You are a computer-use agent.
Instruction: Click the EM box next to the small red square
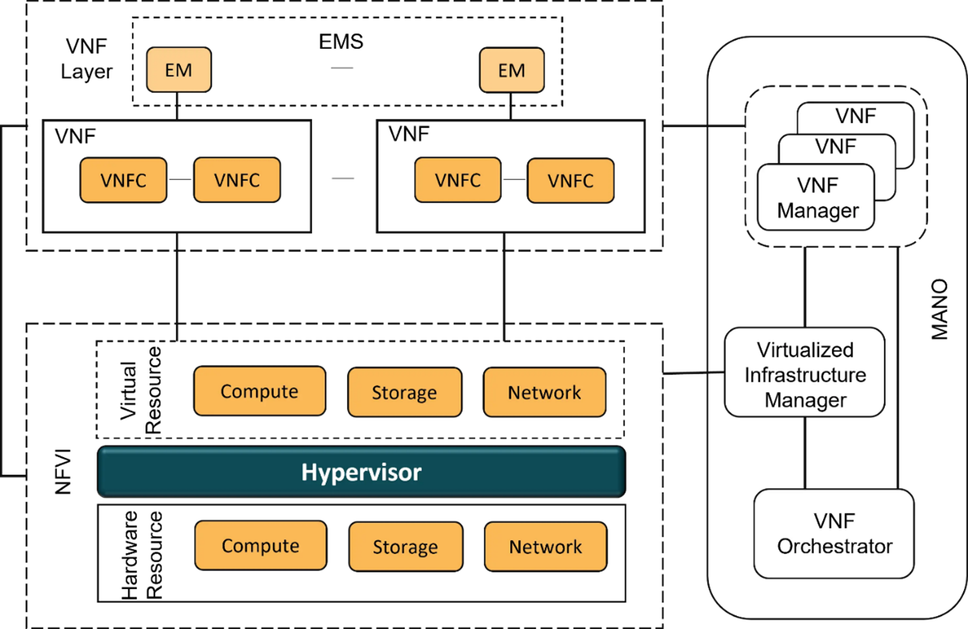point(179,70)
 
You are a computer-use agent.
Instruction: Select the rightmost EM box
point(511,70)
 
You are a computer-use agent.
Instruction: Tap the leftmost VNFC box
point(123,180)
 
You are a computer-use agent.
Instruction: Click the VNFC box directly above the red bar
point(237,180)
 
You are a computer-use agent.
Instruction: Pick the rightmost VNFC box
point(570,181)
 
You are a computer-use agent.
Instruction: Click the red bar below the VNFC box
point(223,211)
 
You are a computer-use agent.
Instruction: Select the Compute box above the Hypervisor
point(259,391)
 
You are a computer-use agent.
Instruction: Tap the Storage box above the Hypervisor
point(404,393)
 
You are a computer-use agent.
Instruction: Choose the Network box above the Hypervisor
point(544,393)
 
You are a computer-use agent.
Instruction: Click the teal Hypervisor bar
point(361,472)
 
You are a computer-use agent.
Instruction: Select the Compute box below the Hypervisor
point(260,545)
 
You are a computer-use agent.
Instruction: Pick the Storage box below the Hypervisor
point(405,547)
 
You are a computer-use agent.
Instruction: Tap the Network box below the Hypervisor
point(545,547)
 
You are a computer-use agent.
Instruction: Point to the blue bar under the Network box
point(532,579)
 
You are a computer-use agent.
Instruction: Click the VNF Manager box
point(816,198)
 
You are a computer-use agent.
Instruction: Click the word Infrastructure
point(805,375)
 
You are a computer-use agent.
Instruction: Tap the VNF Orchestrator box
point(834,534)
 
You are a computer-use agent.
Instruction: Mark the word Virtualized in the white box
point(805,350)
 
